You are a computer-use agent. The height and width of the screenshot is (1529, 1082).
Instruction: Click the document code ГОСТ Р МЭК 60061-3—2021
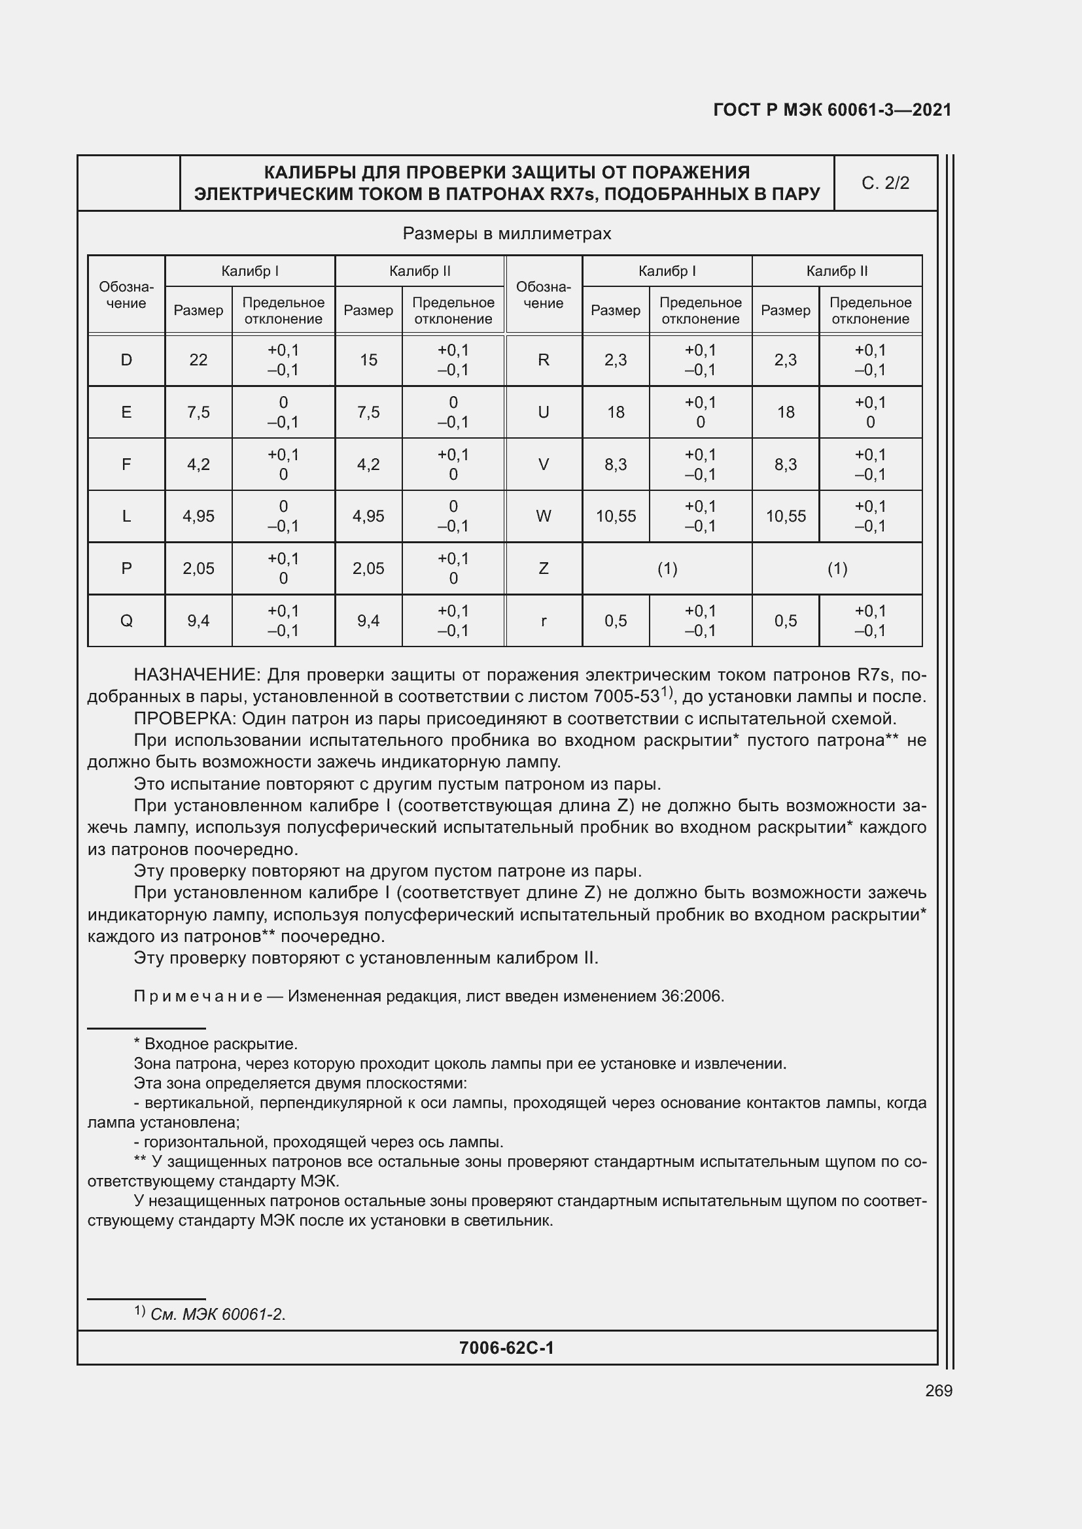point(832,110)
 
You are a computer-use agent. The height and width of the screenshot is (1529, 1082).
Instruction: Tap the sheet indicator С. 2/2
point(886,183)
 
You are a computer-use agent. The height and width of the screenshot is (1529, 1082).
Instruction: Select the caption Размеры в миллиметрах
point(506,234)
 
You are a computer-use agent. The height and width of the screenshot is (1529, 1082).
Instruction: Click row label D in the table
point(126,360)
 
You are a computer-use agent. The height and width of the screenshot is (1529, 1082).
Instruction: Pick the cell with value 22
point(199,360)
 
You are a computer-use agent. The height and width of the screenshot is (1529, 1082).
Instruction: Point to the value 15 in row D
point(368,360)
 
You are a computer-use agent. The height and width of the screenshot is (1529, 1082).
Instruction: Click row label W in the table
point(544,516)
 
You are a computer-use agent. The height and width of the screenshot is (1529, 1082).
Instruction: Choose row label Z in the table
point(544,569)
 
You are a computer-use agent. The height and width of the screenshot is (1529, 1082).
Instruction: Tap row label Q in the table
point(126,620)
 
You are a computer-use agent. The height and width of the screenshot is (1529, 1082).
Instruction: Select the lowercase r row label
point(544,620)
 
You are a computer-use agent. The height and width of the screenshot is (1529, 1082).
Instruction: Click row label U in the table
point(544,412)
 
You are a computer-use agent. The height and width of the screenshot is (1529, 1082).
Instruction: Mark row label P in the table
point(126,569)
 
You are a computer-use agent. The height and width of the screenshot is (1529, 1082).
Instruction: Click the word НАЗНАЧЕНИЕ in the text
point(196,675)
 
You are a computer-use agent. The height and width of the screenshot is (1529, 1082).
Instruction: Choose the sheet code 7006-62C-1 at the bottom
point(506,1348)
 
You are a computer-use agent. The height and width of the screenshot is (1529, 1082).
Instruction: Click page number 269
point(938,1390)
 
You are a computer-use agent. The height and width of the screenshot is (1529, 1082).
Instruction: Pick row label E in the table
point(126,412)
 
